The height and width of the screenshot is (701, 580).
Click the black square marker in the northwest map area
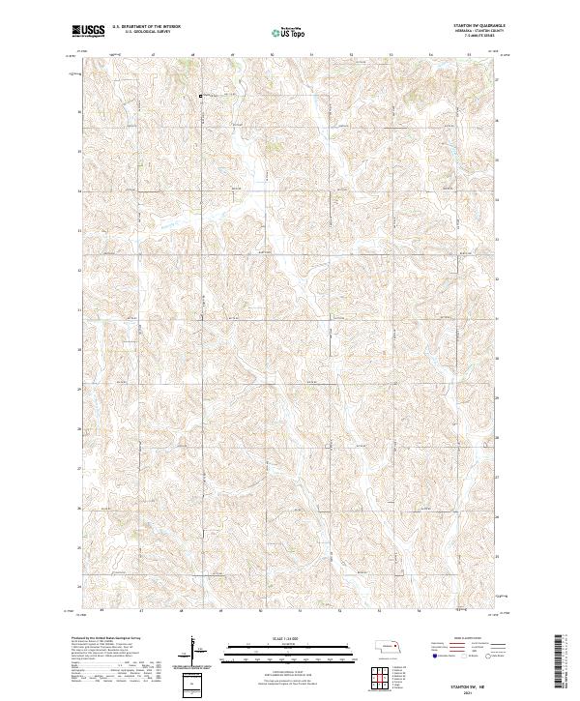202,96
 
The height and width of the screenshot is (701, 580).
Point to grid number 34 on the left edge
78,191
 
